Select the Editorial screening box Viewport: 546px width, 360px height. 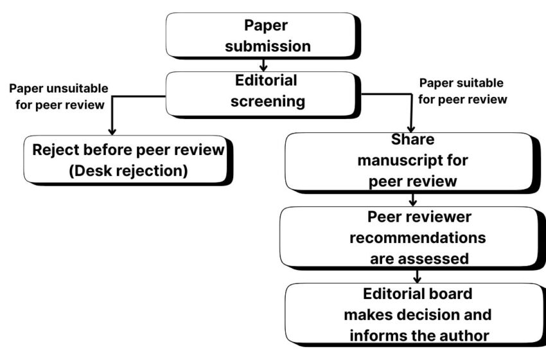pos(263,93)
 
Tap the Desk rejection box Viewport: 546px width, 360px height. pos(127,159)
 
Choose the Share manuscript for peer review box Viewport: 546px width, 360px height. pos(412,161)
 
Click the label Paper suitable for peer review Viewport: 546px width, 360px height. pos(461,91)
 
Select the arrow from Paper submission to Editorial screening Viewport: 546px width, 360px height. pos(263,64)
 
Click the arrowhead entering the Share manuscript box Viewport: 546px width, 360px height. pos(412,128)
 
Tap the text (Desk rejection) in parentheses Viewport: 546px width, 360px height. pos(127,172)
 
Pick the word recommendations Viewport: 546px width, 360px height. pos(417,238)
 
